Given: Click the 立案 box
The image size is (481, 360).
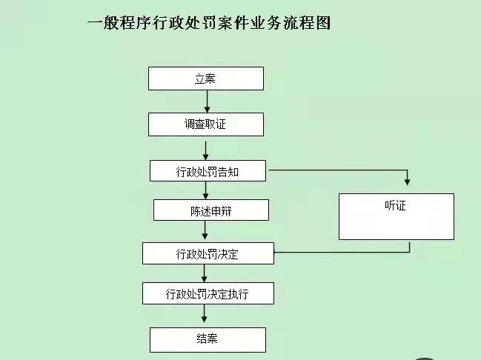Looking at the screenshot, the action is (206, 79).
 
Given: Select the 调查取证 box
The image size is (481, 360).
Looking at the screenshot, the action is (206, 124).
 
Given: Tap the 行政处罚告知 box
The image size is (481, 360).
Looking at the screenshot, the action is (208, 171).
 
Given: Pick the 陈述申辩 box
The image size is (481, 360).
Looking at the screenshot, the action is (211, 210).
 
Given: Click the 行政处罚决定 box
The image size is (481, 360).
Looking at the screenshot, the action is (208, 253).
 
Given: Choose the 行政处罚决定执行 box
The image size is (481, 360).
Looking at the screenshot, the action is (208, 293).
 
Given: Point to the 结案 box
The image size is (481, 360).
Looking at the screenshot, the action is (208, 340).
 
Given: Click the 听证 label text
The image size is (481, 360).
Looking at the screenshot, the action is (396, 205).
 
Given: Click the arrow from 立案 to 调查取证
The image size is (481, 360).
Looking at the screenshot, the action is (207, 101).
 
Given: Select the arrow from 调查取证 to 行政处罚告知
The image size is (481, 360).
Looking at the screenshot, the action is (206, 150).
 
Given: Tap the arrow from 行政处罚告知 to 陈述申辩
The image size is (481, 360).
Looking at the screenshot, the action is (206, 190).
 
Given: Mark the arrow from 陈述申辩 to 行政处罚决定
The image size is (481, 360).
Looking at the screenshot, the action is (205, 230).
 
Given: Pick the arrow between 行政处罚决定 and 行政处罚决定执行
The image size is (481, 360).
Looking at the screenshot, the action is (205, 273).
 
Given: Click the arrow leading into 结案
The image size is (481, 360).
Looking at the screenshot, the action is (205, 313).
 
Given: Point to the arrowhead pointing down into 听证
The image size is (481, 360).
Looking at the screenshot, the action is (407, 181).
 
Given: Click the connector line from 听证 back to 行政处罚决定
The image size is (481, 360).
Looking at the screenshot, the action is (342, 253).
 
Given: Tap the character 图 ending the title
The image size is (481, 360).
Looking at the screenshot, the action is (323, 23).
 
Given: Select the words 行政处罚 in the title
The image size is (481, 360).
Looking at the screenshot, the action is (185, 23).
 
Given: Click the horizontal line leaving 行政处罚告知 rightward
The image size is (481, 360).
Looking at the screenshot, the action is (338, 170).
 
